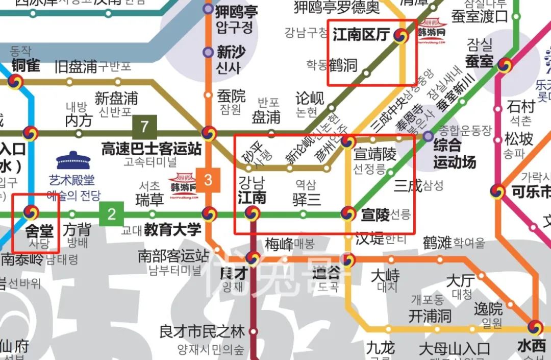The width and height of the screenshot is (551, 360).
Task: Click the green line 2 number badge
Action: coord(112,214)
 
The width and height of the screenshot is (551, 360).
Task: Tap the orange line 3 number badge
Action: coord(208,180)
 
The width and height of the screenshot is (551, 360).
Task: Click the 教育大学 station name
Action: coord(172,230)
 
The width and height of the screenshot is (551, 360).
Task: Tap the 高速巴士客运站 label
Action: coord(151,149)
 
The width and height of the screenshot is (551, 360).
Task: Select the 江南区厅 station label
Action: coord(361,35)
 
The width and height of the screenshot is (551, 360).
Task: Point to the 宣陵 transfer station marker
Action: coord(348,213)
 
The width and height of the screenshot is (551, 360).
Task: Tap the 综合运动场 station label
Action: coord(455,154)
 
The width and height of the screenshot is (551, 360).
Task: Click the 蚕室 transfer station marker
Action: coord(505,65)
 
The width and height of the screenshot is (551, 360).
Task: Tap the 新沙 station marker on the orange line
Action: coord(208,52)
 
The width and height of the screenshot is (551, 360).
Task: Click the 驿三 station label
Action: coord(307,199)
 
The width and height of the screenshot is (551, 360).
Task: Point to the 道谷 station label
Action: coord(327,273)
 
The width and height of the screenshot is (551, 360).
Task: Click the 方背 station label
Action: coord(77,230)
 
